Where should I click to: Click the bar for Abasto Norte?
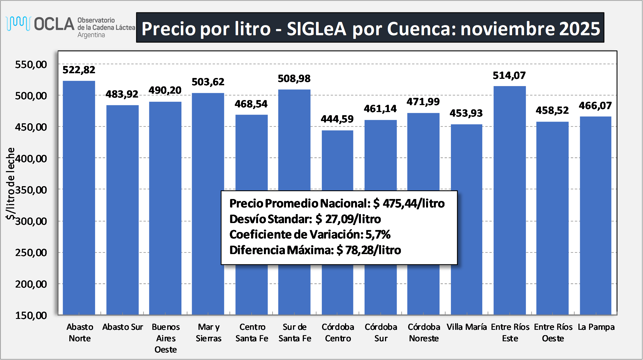(79, 196)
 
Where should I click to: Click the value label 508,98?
(294, 79)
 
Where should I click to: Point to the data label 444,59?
(337, 119)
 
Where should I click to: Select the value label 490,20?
(165, 90)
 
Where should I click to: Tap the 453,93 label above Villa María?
(466, 113)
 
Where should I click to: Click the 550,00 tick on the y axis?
(31, 65)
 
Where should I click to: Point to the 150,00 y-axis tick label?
(31, 315)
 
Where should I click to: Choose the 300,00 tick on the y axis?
(31, 221)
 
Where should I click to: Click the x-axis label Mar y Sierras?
(209, 333)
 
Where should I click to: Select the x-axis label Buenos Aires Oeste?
(166, 338)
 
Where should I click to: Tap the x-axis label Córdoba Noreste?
(424, 333)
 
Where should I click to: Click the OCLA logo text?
(54, 24)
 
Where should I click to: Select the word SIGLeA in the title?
(316, 29)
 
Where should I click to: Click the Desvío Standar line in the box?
(305, 219)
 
